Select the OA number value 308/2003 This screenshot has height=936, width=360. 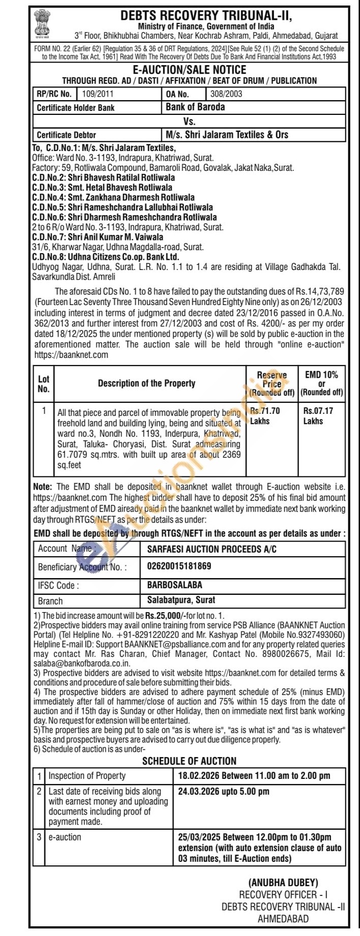pos(226,94)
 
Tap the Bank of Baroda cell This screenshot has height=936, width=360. pos(195,107)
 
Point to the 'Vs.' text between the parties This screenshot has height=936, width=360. pos(189,122)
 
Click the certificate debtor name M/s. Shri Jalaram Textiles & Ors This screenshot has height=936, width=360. pos(227,135)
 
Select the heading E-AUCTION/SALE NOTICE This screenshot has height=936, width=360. pos(189,70)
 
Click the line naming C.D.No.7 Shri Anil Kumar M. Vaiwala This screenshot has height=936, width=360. pos(98,237)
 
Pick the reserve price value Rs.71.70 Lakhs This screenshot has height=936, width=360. pos(264,415)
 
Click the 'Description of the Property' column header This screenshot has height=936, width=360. pos(146,383)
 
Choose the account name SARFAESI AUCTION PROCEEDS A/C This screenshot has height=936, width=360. pos(212,549)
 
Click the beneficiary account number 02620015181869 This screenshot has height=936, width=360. pos(179,566)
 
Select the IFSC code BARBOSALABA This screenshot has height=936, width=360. pos(174,585)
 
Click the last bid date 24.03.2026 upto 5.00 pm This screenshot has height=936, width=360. pos(224,791)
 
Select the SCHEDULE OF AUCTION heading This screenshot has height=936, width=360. pos(189,761)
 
